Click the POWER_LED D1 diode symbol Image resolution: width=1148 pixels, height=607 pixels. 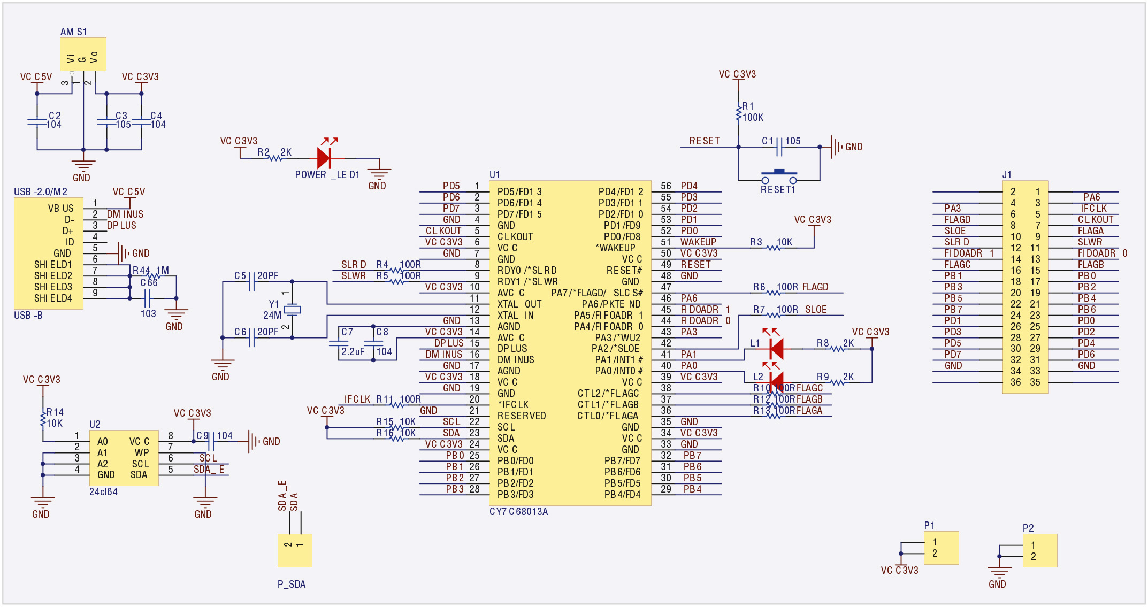324,158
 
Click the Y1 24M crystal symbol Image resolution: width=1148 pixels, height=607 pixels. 292,310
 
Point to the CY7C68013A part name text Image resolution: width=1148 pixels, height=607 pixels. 518,512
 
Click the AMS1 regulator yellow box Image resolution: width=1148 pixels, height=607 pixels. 83,54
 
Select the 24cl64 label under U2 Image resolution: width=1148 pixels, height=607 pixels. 103,492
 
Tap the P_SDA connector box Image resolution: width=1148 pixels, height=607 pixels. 295,550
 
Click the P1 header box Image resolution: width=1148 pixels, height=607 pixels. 941,548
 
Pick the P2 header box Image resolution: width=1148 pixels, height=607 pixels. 1039,550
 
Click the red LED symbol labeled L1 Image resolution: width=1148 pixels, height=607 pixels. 776,349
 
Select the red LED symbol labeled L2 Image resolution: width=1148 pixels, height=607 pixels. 776,382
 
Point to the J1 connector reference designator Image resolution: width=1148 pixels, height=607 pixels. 1007,175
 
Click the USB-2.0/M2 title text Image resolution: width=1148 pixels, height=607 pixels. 41,192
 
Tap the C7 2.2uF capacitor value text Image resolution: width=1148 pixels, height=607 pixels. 353,352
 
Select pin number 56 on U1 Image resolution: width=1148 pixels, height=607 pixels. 665,186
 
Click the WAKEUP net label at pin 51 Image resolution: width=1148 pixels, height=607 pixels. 698,242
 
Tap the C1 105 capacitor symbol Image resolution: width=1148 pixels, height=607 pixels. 779,147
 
